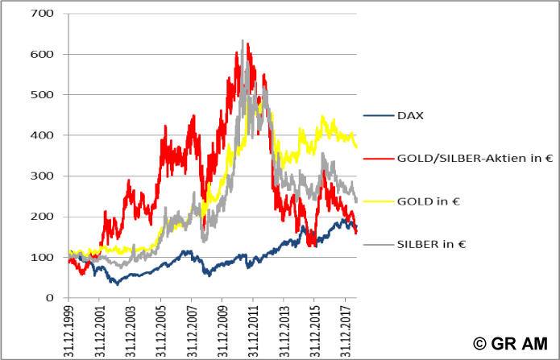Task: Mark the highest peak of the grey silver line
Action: point(243,40)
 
